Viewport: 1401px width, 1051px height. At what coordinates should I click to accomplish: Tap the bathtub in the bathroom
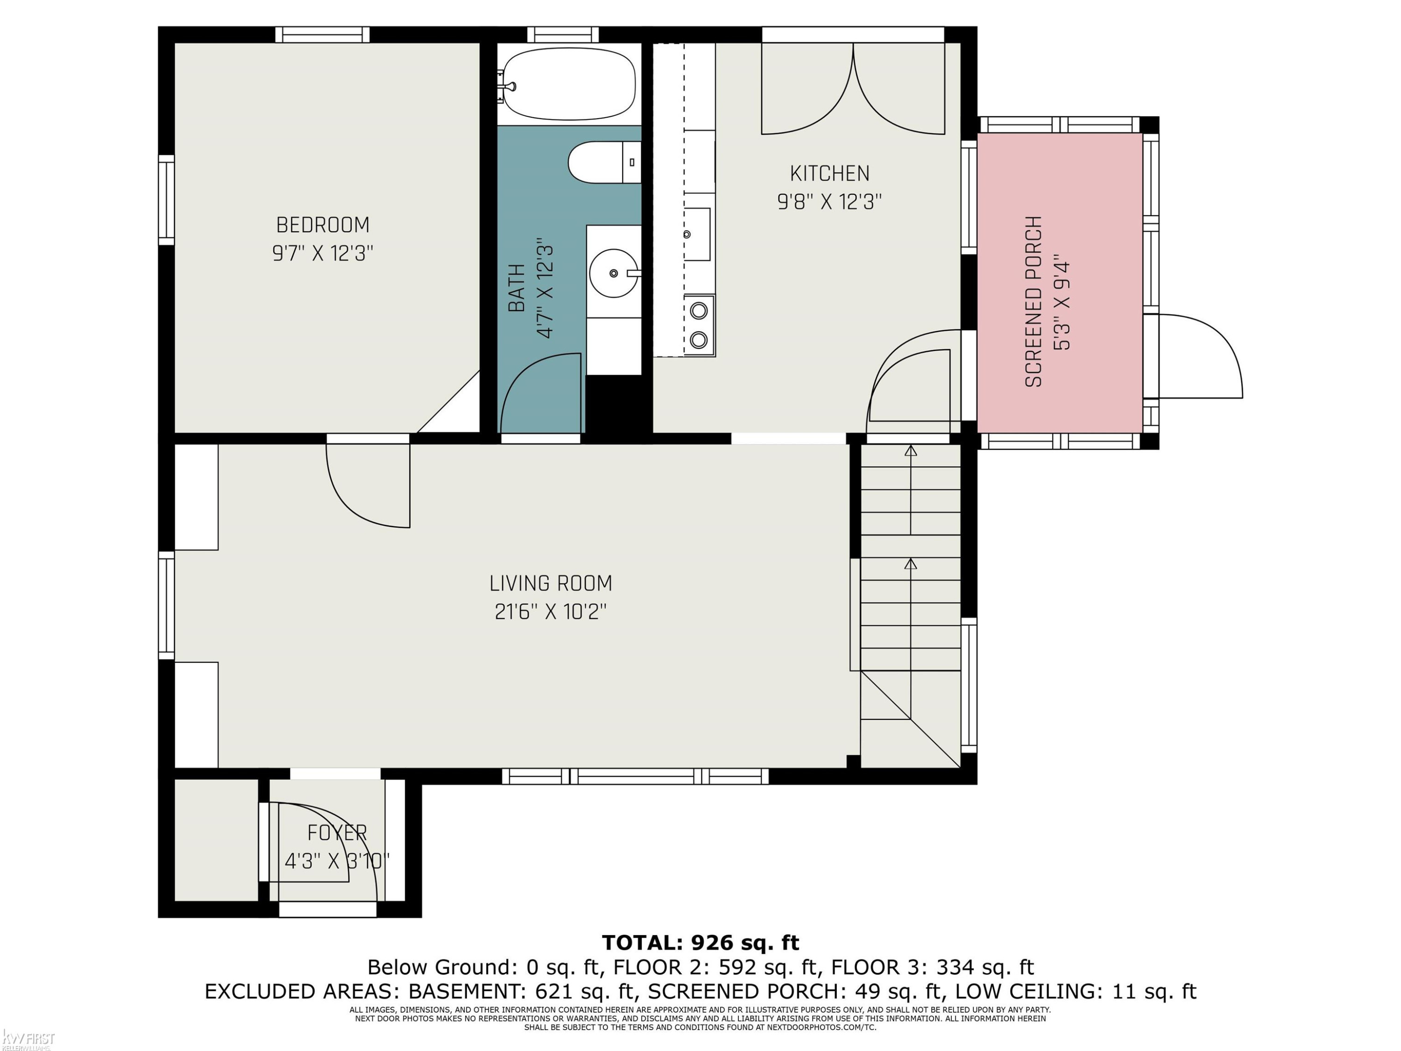coord(569,84)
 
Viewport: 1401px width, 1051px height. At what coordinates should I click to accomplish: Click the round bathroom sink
coord(614,273)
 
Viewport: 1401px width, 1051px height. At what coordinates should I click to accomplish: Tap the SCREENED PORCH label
coord(1033,302)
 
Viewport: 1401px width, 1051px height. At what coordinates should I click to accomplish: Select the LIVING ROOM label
coord(551,583)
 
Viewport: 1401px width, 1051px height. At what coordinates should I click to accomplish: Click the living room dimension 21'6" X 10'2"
coord(551,612)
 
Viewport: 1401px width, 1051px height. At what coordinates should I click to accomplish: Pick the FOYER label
coord(337,832)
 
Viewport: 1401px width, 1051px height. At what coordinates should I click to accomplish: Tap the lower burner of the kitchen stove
coord(699,340)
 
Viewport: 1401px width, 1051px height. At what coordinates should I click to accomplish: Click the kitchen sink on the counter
coord(697,234)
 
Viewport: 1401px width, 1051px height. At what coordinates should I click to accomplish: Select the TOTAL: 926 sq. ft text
coord(700,943)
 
